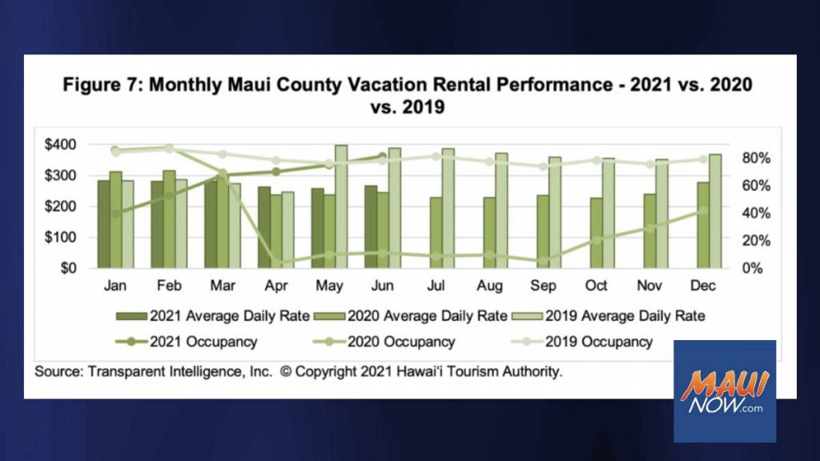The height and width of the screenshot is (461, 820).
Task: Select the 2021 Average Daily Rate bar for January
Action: click(x=103, y=224)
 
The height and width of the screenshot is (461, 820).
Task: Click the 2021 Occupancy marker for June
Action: click(x=382, y=156)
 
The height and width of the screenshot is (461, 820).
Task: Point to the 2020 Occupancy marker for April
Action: click(x=276, y=262)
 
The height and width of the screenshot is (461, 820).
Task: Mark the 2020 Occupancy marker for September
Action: click(x=543, y=261)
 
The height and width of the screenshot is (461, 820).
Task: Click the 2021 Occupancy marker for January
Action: click(x=115, y=214)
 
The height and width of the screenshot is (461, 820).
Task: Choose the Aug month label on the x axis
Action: click(x=489, y=286)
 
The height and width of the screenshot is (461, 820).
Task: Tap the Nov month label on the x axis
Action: click(x=649, y=286)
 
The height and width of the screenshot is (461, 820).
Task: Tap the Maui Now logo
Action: click(x=725, y=391)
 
